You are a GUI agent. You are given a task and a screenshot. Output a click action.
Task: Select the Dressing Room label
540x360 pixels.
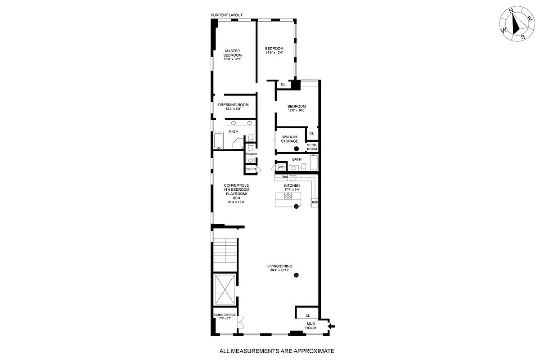(x=233, y=105)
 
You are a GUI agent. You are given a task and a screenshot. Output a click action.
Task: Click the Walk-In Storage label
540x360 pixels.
(x=290, y=139)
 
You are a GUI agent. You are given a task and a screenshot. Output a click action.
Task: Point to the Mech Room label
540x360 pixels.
(x=312, y=147)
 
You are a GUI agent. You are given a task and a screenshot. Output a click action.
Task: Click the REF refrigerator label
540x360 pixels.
(x=315, y=202)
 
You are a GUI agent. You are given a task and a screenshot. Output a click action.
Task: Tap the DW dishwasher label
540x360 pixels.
(x=278, y=177)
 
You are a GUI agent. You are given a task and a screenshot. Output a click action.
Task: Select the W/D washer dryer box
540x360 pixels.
(x=282, y=167)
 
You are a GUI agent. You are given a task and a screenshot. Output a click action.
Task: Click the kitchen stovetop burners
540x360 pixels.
(x=288, y=196)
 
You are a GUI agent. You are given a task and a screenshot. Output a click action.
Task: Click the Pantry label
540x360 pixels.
(x=251, y=169)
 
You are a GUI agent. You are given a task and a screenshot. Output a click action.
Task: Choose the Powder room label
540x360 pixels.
(x=251, y=154)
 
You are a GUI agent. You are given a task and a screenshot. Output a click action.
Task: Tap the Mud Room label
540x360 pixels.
(x=311, y=326)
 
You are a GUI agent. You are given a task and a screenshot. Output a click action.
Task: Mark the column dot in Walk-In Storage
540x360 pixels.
(x=296, y=149)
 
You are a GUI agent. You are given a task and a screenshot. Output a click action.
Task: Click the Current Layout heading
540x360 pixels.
(x=226, y=15)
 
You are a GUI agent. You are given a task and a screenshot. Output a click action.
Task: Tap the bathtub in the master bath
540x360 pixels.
(x=218, y=141)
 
